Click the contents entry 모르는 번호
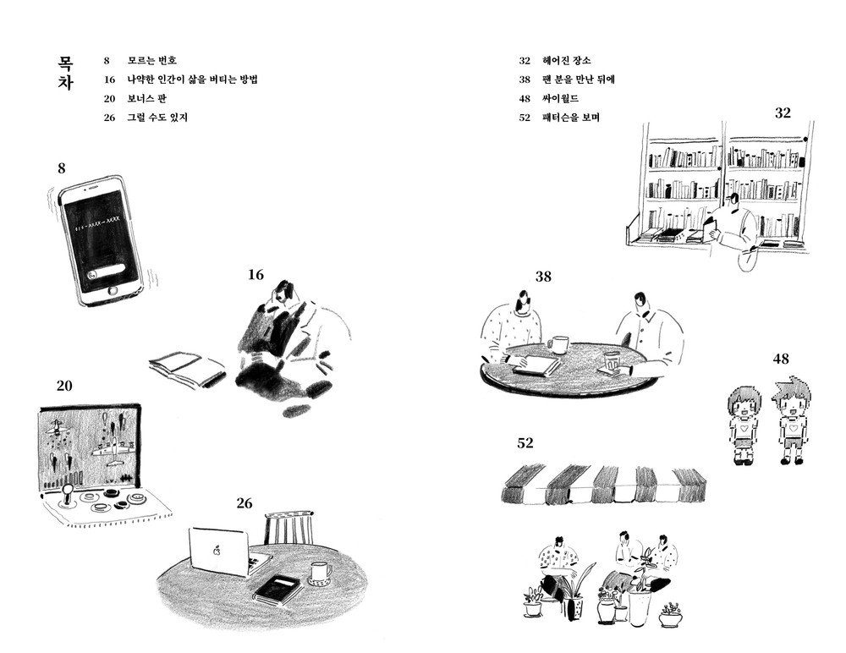(151, 61)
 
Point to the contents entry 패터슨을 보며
(571, 117)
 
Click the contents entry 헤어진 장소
(566, 61)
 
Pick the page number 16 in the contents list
(108, 80)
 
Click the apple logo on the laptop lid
(217, 549)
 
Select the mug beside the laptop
(319, 573)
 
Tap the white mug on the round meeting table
(558, 343)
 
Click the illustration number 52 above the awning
(525, 443)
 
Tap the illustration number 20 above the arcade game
(64, 385)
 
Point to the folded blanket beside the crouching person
(186, 368)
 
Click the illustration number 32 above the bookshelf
(783, 112)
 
